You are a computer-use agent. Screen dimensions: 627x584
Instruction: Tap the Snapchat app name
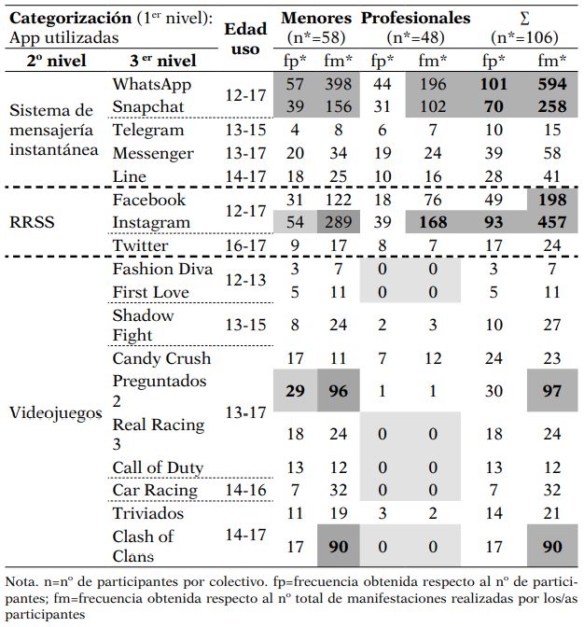pyautogui.click(x=146, y=107)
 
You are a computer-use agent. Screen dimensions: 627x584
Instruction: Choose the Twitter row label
pyautogui.click(x=141, y=246)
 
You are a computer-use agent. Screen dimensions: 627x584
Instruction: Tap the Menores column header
pyautogui.click(x=316, y=18)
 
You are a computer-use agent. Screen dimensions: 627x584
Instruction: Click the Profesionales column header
pyautogui.click(x=415, y=18)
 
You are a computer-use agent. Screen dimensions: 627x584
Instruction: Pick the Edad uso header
pyautogui.click(x=245, y=37)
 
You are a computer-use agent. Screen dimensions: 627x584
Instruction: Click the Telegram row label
pyautogui.click(x=147, y=131)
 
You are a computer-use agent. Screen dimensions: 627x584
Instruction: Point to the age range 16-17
pyautogui.click(x=245, y=246)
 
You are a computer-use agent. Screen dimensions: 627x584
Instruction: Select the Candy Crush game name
pyautogui.click(x=161, y=358)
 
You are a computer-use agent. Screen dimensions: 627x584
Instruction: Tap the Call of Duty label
pyautogui.click(x=158, y=467)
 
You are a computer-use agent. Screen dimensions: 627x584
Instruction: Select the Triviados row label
pyautogui.click(x=148, y=513)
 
